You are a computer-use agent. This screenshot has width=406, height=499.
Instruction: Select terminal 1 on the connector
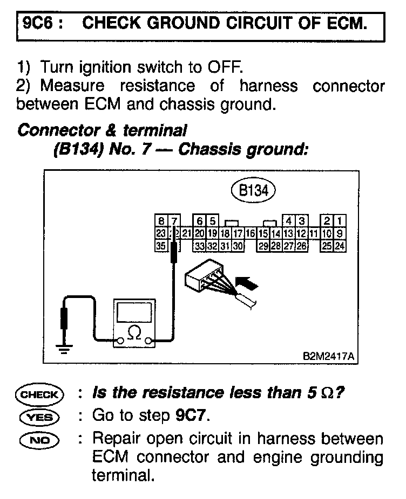(339, 221)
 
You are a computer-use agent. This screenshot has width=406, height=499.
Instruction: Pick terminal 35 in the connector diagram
(160, 246)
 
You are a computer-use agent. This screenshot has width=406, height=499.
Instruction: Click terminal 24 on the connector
(340, 246)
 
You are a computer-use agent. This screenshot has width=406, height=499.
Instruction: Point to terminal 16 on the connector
(251, 233)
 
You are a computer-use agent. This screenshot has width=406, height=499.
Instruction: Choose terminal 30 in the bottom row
(238, 246)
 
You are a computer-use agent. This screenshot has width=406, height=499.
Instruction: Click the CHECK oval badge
(39, 394)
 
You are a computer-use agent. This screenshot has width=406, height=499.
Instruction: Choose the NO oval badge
(39, 439)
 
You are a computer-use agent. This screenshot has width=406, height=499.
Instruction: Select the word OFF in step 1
(226, 68)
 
